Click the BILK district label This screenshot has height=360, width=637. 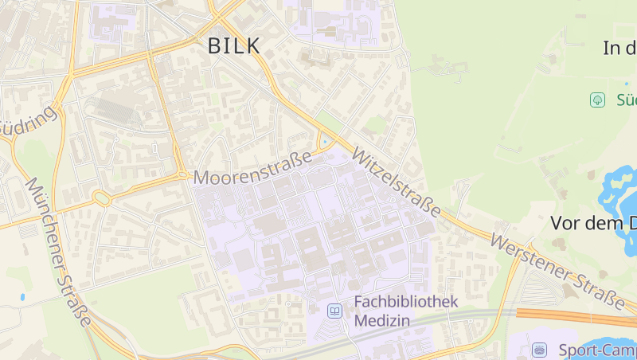[x=233, y=46]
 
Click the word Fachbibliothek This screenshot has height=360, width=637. [x=406, y=302]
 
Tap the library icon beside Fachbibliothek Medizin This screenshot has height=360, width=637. [x=334, y=311]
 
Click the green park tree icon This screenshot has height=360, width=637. [x=596, y=100]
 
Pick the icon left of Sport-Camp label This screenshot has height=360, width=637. [x=541, y=350]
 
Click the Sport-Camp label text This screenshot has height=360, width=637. [x=596, y=350]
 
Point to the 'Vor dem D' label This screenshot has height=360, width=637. [x=593, y=224]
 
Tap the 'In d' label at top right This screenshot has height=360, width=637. [x=619, y=48]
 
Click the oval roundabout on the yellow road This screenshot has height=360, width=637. [x=101, y=198]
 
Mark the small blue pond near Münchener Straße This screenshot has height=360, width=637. [x=21, y=297]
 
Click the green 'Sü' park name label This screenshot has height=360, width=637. [x=625, y=100]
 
